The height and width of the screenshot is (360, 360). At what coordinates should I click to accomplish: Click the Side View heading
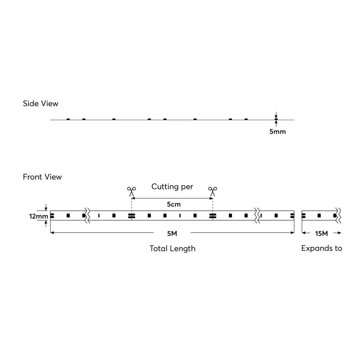tap(40, 104)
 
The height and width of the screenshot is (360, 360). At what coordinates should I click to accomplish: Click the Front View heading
tap(42, 177)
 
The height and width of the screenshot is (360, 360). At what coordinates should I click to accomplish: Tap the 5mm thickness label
tap(278, 131)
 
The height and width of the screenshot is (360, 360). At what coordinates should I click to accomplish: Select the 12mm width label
tap(39, 216)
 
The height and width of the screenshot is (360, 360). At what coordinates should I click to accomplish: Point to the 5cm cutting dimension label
tap(174, 204)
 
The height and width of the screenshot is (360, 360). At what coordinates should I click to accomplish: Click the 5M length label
tap(172, 233)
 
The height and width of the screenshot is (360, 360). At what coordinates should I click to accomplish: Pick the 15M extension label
tap(321, 233)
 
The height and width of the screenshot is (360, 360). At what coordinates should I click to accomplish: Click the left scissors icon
tap(131, 191)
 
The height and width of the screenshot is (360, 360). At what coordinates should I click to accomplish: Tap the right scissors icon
tap(212, 191)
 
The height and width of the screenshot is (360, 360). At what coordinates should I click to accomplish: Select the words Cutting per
tap(172, 186)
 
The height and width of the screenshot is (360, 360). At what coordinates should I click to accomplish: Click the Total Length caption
tap(172, 248)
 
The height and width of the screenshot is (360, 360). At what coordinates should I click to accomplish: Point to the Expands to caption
tap(321, 248)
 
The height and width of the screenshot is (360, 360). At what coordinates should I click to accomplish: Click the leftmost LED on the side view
tap(68, 119)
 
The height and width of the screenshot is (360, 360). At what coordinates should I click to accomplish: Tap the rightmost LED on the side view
tap(246, 119)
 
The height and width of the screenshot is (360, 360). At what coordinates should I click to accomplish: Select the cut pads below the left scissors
tap(131, 216)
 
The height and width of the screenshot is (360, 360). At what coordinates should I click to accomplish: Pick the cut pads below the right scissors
tap(212, 216)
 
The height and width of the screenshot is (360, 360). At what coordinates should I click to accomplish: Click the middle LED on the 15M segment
tap(319, 216)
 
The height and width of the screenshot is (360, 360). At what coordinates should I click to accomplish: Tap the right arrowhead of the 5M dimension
tap(293, 233)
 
